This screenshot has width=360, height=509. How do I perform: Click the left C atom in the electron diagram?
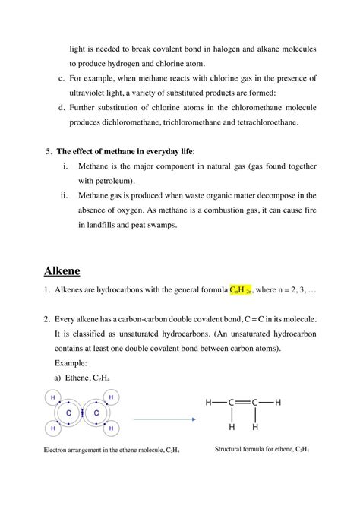[70, 413]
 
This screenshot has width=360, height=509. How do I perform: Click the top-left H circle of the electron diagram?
[52, 397]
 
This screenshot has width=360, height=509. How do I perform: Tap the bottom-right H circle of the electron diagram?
[112, 430]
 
